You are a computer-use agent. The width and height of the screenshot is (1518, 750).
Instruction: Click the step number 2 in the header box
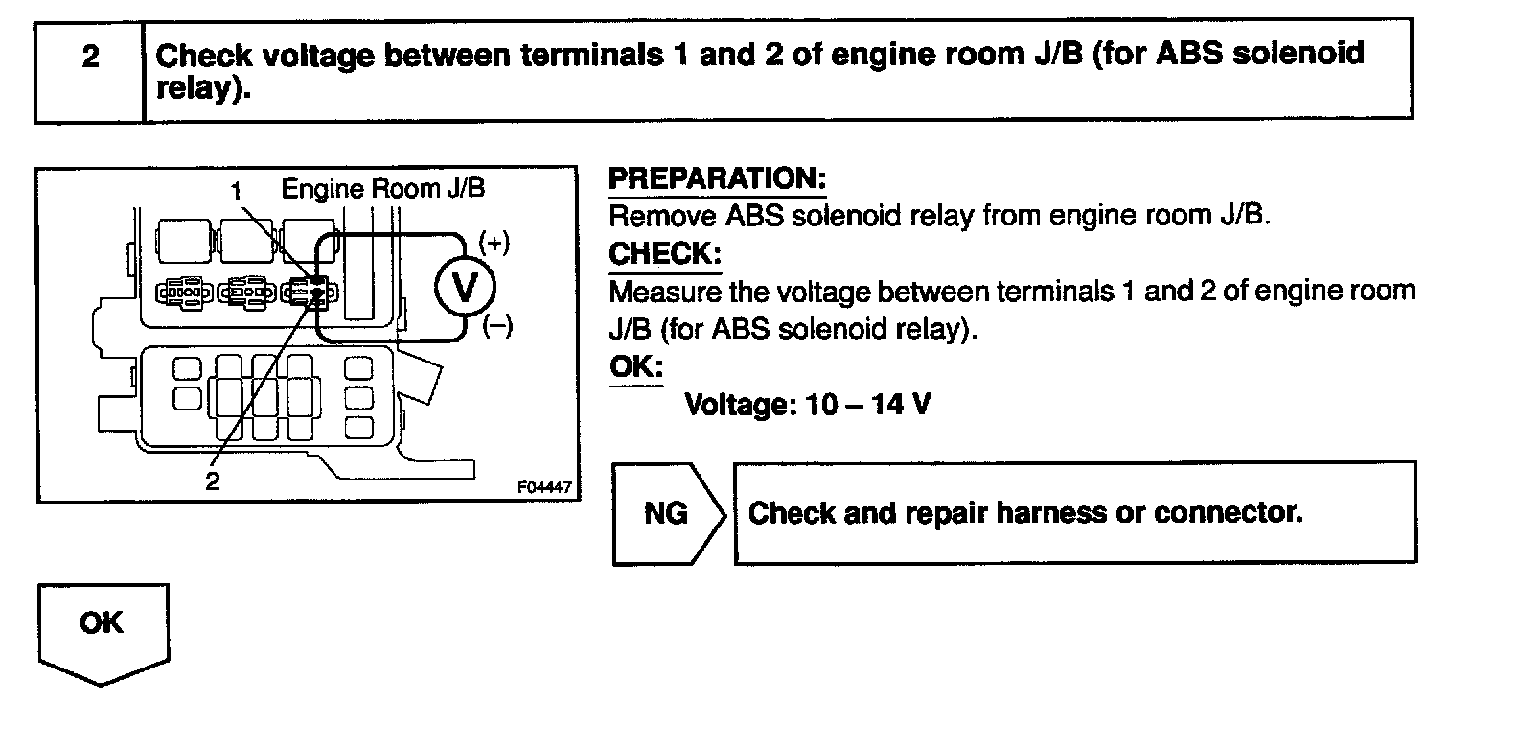click(x=90, y=57)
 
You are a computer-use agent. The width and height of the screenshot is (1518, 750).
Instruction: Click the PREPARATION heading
click(x=717, y=178)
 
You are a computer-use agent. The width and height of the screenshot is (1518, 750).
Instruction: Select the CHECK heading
click(x=664, y=254)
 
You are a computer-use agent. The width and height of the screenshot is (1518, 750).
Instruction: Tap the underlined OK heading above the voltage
click(x=635, y=367)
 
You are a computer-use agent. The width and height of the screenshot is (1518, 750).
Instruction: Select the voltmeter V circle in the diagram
click(x=466, y=287)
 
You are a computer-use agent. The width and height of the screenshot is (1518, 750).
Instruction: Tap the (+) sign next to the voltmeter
click(x=494, y=243)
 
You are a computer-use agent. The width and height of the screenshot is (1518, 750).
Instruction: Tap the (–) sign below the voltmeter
click(x=497, y=326)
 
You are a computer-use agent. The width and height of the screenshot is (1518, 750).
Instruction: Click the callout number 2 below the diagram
click(x=213, y=480)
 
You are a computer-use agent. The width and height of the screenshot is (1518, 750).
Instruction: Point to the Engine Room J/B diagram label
click(x=383, y=188)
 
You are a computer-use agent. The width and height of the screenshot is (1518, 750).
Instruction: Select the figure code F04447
click(x=544, y=487)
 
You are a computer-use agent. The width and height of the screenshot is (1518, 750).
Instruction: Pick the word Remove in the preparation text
click(x=662, y=215)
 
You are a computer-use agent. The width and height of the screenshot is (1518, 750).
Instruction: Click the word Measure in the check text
click(x=665, y=291)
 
